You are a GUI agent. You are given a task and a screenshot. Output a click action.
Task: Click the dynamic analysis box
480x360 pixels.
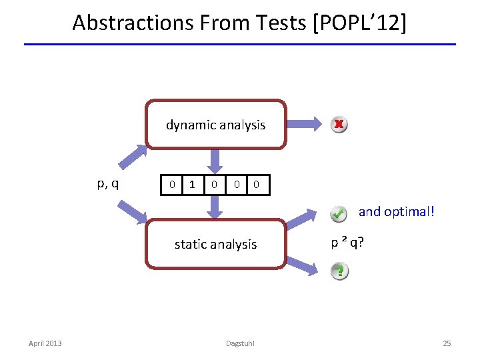(x=215, y=125)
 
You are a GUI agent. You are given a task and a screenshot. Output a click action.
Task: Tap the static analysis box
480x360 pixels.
(x=215, y=244)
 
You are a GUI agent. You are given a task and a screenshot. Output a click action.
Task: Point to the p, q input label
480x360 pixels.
(x=108, y=183)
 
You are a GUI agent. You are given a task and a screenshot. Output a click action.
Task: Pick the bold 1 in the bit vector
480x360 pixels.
(x=193, y=184)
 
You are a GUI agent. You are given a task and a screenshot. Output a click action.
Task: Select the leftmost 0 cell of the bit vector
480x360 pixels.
(x=172, y=184)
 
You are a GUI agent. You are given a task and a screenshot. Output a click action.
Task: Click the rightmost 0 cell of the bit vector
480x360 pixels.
(x=257, y=184)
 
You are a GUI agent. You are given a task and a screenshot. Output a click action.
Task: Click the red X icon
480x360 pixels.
(x=339, y=124)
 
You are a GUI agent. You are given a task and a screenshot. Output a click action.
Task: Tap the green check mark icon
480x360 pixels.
(x=339, y=213)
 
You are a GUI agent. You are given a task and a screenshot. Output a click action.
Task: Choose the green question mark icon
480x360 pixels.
(x=339, y=271)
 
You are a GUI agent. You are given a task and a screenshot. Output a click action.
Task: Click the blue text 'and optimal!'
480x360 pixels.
(x=397, y=211)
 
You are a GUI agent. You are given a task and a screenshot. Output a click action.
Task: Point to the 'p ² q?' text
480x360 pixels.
(x=347, y=242)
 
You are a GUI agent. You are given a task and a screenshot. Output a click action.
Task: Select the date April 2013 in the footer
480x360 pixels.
(x=45, y=343)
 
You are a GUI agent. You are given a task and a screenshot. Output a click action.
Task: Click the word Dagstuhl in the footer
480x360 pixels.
(x=240, y=343)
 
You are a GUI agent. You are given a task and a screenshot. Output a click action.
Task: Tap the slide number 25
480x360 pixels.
(x=447, y=343)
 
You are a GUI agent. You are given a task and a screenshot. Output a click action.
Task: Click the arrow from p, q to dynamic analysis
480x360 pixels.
(x=133, y=157)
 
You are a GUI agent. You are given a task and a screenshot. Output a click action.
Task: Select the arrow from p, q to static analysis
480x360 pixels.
(x=133, y=211)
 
